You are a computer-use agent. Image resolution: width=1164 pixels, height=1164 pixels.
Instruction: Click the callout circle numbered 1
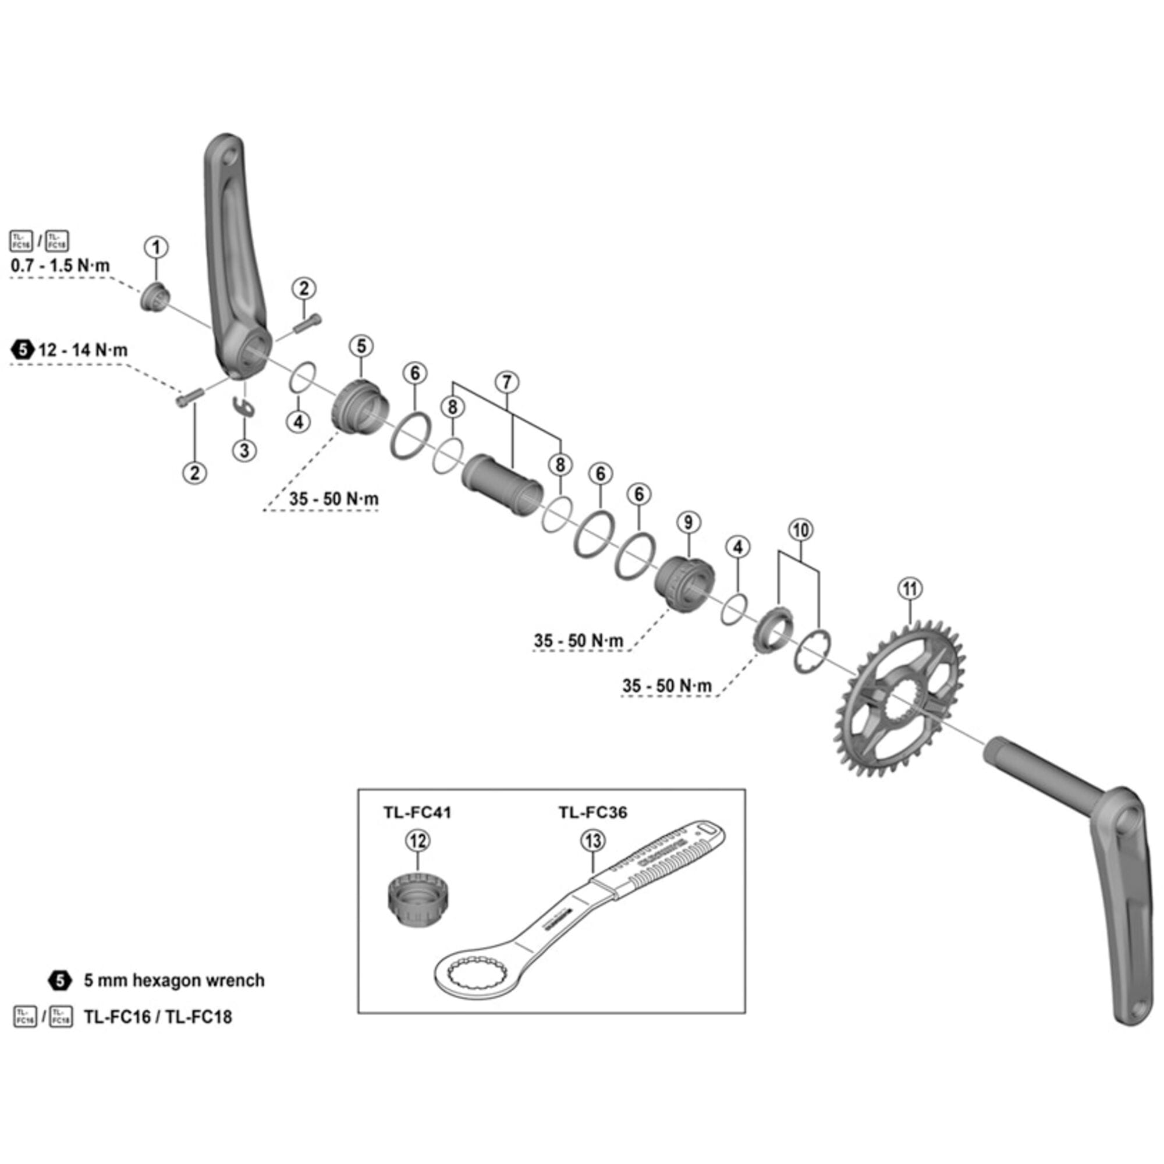pos(157,247)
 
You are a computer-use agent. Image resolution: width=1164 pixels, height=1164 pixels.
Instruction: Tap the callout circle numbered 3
pos(244,450)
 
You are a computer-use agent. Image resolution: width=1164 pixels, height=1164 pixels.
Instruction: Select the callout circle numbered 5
pos(361,346)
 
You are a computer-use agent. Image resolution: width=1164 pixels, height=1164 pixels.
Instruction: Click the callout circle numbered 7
pos(507,382)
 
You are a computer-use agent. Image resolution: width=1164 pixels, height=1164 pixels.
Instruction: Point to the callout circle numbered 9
pos(689,521)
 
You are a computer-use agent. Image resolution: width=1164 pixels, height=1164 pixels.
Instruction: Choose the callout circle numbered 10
pos(800,530)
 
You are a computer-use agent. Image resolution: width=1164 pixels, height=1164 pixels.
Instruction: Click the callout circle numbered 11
pos(910,587)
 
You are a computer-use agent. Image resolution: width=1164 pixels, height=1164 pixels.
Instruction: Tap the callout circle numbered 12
pos(417,840)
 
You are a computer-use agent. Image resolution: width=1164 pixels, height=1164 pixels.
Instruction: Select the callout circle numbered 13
pos(593,840)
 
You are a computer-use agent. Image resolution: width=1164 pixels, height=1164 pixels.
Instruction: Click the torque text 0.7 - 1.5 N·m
pos(61,266)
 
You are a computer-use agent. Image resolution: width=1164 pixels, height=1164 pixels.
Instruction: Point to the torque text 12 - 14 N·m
pos(83,350)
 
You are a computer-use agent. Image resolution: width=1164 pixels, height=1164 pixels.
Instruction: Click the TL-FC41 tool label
pos(417,812)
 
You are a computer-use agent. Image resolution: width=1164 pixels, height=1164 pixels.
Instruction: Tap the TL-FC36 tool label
pos(592,812)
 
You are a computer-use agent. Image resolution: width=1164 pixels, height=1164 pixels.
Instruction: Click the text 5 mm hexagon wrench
pos(174,981)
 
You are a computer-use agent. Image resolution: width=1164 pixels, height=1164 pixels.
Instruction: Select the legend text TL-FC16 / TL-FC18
pos(158,1017)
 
